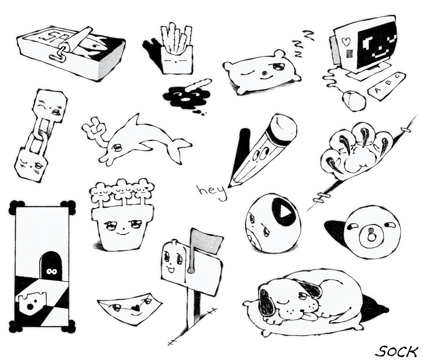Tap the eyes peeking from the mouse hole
coord(51,271)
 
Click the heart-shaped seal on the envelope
coord(136,308)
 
